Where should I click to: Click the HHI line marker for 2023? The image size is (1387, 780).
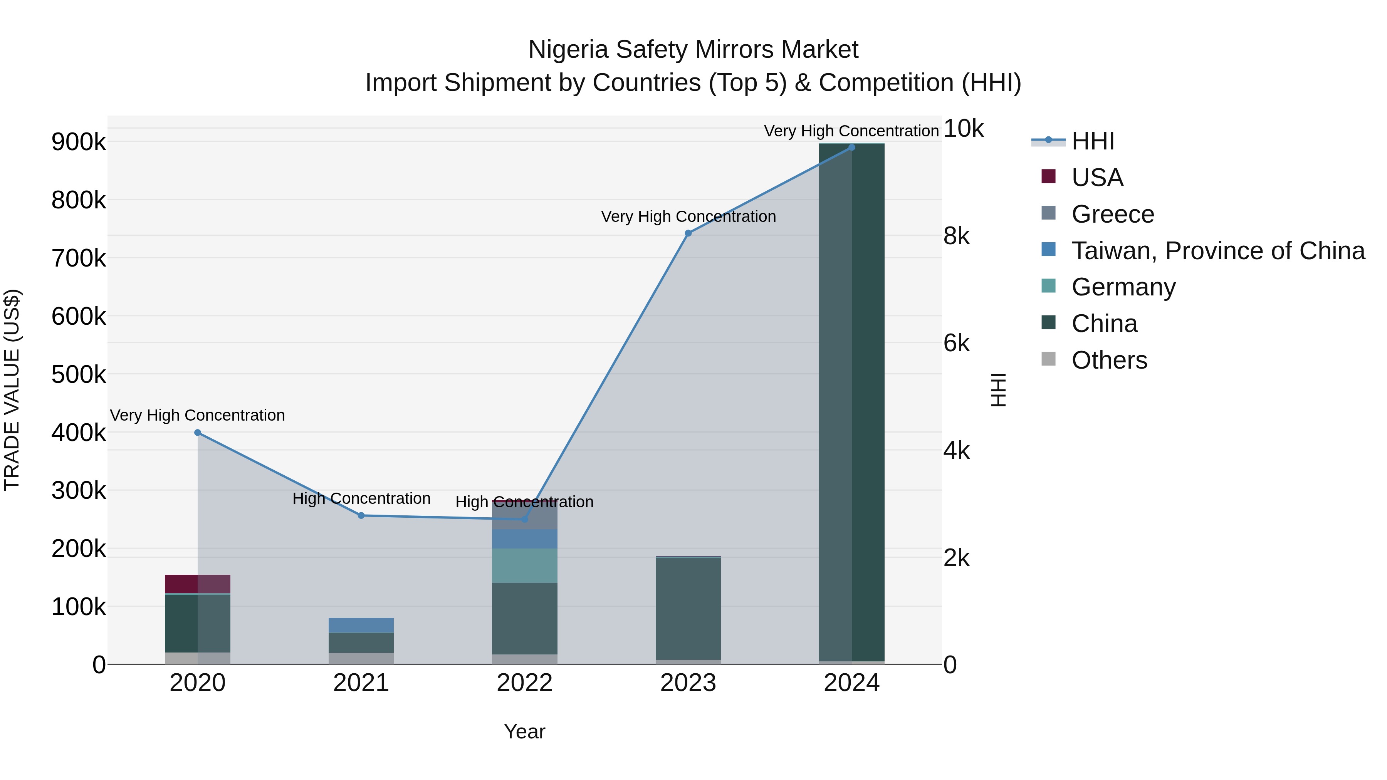tap(688, 233)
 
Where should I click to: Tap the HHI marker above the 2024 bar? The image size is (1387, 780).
tap(851, 148)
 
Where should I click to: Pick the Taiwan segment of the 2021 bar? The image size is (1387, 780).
tap(361, 626)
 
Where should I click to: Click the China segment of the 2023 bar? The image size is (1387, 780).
tap(688, 608)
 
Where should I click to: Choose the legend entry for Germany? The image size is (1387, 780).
tap(1123, 287)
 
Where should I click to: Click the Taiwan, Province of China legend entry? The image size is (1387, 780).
tap(1218, 251)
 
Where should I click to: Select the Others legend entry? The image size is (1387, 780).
tap(1109, 360)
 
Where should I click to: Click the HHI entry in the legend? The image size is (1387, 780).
tap(1093, 141)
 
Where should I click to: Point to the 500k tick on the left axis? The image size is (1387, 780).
tap(79, 375)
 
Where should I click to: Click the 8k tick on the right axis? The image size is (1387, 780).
tap(956, 236)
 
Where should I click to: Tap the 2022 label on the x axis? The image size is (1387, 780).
tap(524, 683)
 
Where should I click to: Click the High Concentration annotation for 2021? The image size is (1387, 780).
tap(361, 498)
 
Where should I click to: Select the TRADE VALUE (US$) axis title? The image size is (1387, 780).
tap(12, 390)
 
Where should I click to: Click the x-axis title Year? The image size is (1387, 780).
tap(524, 731)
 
